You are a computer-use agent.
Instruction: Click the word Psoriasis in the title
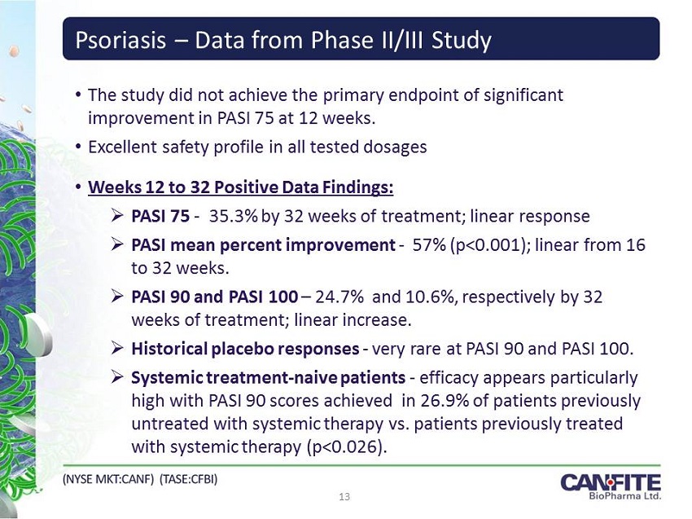point(121,41)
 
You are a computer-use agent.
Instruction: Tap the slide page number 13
point(344,497)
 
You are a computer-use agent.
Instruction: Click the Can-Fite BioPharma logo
point(611,486)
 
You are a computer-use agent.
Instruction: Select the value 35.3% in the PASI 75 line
point(233,216)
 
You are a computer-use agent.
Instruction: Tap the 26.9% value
point(445,401)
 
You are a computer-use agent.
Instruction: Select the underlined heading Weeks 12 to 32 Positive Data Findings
point(240,187)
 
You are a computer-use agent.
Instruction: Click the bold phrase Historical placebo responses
point(245,349)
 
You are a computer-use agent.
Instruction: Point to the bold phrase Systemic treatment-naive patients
point(269,378)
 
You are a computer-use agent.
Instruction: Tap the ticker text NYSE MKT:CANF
point(108,479)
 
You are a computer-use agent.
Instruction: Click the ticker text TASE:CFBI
point(188,479)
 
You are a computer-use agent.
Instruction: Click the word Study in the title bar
point(462,41)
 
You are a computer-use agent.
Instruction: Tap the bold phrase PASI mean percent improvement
point(263,245)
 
